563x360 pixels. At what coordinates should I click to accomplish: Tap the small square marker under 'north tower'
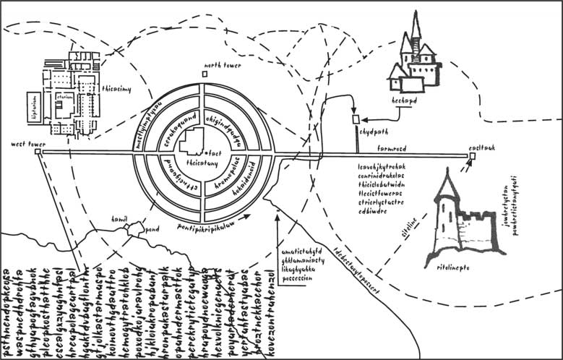(x=205, y=73)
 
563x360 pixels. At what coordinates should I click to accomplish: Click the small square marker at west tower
(x=38, y=153)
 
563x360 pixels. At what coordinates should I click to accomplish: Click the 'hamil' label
(x=119, y=218)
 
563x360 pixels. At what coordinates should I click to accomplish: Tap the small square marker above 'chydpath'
(x=355, y=119)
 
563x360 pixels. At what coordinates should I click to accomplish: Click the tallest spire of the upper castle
(x=416, y=25)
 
